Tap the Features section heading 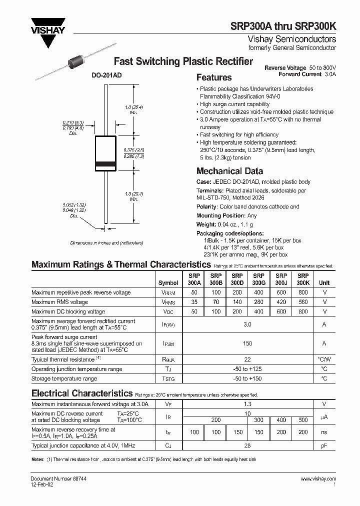pos(214,77)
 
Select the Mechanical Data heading pos(229,171)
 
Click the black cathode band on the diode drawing pos(106,164)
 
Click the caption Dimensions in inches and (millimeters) pos(106,242)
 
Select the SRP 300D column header pos(237,279)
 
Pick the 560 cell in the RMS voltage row pos(303,302)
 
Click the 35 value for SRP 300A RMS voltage pos(194,302)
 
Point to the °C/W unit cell pos(324,359)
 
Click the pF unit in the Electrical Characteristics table pos(324,445)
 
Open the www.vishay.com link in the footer pos(318,479)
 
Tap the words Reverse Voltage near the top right pos(285,67)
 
